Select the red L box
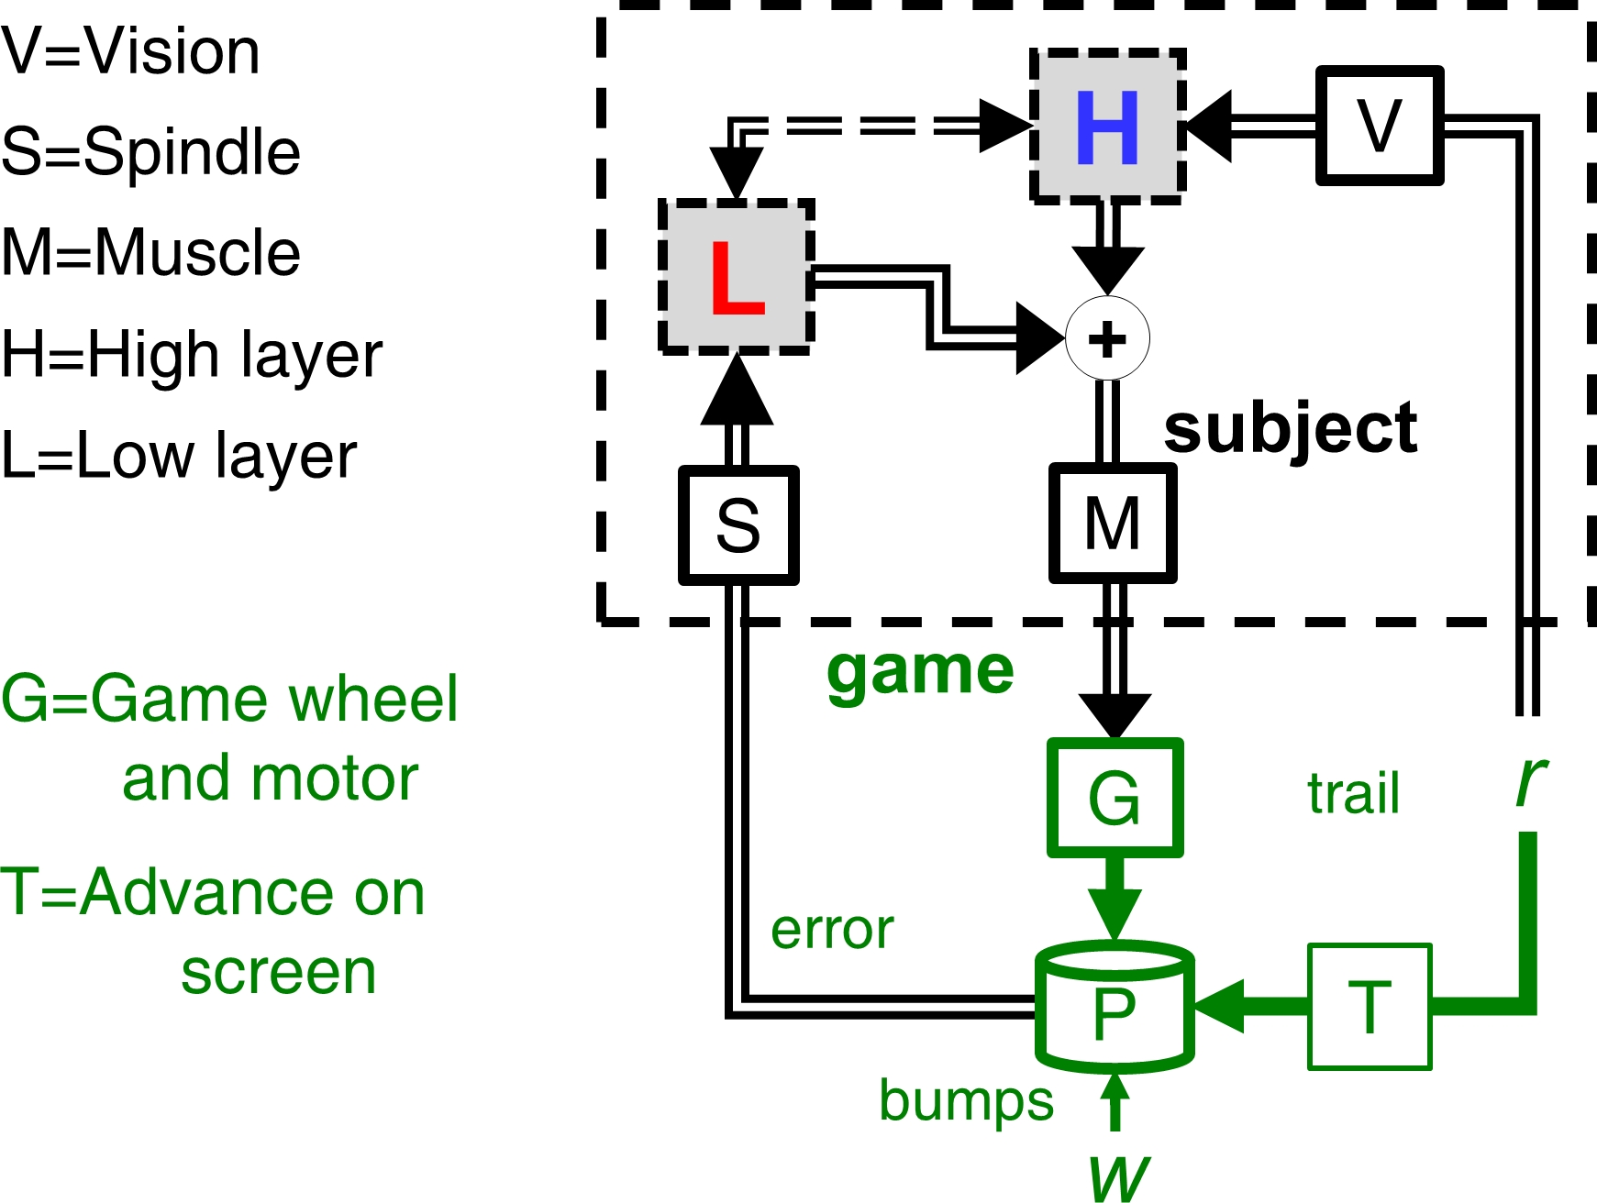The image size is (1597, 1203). point(737,277)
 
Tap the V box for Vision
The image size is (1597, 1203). point(1380,126)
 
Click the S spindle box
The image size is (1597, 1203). point(738,525)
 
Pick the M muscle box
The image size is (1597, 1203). point(1113,524)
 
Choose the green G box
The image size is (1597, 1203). point(1115,798)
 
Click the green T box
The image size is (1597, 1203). point(1370,1007)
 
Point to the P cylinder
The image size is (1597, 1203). point(1115,1009)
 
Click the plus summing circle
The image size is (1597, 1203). point(1107,338)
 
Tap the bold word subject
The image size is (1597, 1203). point(1290,428)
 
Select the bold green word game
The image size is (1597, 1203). point(920,671)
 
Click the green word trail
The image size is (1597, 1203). point(1354,793)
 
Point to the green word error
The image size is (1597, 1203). point(832,930)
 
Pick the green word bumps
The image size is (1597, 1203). point(966,1100)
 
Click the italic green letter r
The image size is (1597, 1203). point(1530,781)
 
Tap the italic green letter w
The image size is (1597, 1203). point(1118,1178)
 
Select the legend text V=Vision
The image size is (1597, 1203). point(131,51)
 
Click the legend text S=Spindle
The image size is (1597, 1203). point(151,151)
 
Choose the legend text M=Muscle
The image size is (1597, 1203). point(151,252)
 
